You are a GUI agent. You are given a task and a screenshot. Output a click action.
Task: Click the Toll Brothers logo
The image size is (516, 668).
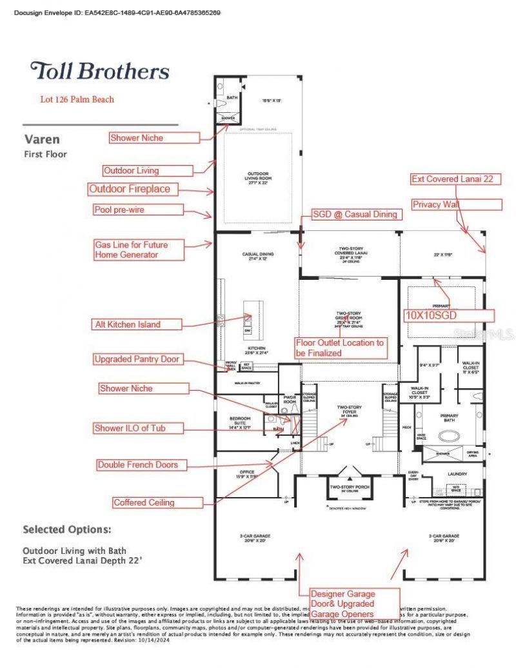(100, 71)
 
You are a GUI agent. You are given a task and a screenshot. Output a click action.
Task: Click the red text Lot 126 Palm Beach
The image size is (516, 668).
(77, 100)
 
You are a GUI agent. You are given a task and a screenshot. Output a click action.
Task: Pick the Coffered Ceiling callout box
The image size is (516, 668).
(143, 503)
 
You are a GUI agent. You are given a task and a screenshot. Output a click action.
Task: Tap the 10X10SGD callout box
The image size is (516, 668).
(449, 315)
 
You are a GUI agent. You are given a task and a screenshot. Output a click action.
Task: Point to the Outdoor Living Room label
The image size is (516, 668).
(256, 179)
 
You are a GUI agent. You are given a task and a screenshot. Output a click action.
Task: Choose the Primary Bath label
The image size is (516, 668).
(449, 418)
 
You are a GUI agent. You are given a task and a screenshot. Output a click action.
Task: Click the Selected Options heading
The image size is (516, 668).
(67, 529)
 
